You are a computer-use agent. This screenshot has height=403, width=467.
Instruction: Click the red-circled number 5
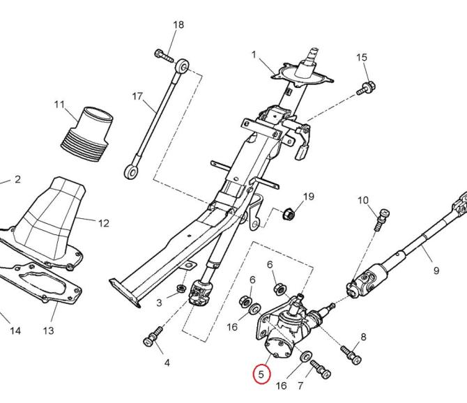tap(261, 374)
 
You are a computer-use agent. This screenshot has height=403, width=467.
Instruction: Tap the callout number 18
tap(178, 24)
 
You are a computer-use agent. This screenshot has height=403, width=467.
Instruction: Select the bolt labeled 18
tap(164, 56)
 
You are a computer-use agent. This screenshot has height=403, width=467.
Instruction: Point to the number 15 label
tap(362, 57)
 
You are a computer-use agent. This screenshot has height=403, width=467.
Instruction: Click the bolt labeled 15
tap(367, 89)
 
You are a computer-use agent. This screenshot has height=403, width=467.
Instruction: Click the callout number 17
tap(137, 96)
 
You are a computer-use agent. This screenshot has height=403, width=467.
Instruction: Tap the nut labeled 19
tap(289, 213)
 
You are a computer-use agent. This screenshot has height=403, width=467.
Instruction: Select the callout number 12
tap(104, 223)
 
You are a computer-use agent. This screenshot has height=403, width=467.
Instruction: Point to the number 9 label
tap(436, 271)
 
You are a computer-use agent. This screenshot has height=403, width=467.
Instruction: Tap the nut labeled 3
tap(181, 288)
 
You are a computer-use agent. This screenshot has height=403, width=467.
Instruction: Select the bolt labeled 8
tap(351, 354)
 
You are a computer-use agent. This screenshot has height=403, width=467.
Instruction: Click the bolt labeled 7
tap(321, 370)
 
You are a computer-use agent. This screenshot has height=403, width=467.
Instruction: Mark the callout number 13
tap(48, 330)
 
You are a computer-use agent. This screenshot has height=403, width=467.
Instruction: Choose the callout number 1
tap(254, 55)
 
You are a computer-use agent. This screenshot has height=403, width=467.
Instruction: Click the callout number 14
tap(15, 330)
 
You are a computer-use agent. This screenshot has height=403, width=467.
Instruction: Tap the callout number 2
tap(17, 179)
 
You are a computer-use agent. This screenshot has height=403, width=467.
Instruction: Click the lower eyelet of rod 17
tap(131, 172)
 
